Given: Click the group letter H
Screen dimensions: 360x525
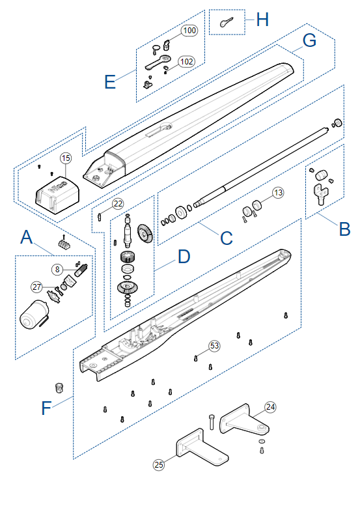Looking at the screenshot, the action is pyautogui.click(x=262, y=20).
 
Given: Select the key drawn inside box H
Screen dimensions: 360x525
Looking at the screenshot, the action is pyautogui.click(x=226, y=22).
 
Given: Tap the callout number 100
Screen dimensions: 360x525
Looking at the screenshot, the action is pyautogui.click(x=189, y=31).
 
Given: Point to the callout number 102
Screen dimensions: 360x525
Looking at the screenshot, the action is pyautogui.click(x=186, y=62).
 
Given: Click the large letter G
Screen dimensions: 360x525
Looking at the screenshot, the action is pyautogui.click(x=309, y=40).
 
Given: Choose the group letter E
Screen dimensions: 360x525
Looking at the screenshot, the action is pyautogui.click(x=110, y=81).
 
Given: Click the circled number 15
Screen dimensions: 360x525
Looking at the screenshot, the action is pyautogui.click(x=66, y=158).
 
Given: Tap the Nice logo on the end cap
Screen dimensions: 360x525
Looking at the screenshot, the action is pyautogui.click(x=58, y=187).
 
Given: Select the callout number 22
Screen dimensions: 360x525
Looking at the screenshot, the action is pyautogui.click(x=118, y=204).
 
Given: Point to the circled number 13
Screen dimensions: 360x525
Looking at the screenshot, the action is pyautogui.click(x=278, y=193).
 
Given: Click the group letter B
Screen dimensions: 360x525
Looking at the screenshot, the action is pyautogui.click(x=344, y=229).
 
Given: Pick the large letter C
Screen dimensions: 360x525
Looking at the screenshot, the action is pyautogui.click(x=226, y=238).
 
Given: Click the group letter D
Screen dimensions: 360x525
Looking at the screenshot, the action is pyautogui.click(x=184, y=257).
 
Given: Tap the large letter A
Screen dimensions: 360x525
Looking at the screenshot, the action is pyautogui.click(x=27, y=237).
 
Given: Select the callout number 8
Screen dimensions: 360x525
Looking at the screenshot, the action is pyautogui.click(x=57, y=269).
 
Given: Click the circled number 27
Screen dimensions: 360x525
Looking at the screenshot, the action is pyautogui.click(x=37, y=287).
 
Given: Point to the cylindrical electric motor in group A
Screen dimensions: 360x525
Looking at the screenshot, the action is pyautogui.click(x=34, y=315).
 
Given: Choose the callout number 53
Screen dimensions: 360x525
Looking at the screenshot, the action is pyautogui.click(x=214, y=345).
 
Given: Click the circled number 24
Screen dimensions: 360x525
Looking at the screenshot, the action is pyautogui.click(x=270, y=407).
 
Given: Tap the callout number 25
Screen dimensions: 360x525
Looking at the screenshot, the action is pyautogui.click(x=159, y=464).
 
